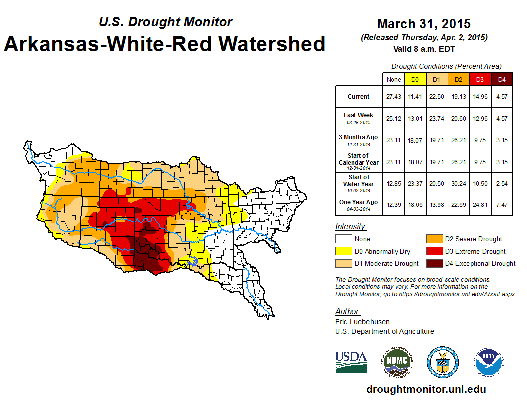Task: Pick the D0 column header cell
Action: point(415,79)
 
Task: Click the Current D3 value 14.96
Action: point(480,97)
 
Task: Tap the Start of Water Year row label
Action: point(359,180)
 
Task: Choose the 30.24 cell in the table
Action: point(458,183)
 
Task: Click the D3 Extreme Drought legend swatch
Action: point(433,251)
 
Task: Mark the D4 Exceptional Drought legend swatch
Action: point(433,263)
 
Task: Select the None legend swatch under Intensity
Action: point(343,239)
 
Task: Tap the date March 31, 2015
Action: point(424,24)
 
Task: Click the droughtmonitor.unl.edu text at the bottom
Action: point(426,389)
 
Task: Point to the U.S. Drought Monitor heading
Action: point(165,22)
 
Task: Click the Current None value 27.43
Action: point(394,97)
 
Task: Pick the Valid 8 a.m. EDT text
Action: point(424,49)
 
